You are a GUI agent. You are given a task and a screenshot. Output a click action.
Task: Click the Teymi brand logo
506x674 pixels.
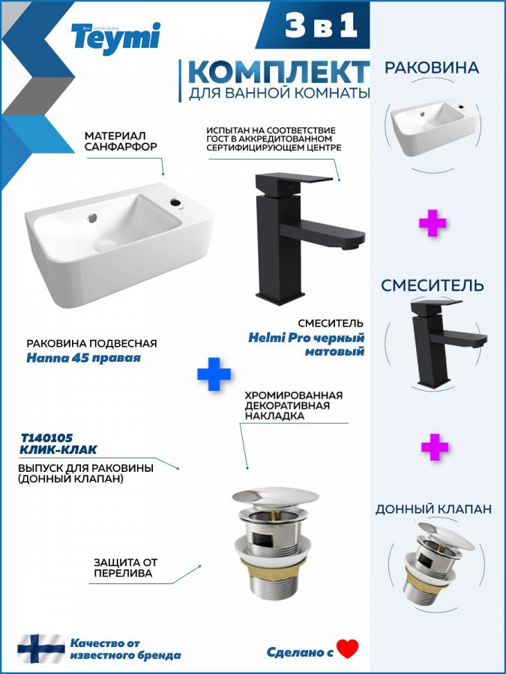(x=115, y=37)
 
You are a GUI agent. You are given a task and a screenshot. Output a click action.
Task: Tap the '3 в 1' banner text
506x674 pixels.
(x=321, y=25)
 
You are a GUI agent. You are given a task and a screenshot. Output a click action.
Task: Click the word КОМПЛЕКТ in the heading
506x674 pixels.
(x=278, y=72)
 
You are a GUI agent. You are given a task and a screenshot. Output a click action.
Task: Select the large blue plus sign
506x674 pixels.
(x=214, y=374)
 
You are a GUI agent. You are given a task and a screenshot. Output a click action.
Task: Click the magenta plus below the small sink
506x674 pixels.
(x=433, y=222)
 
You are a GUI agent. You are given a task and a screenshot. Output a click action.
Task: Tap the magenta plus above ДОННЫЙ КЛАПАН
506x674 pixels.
(x=435, y=447)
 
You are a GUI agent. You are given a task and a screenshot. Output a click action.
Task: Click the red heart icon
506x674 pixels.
(x=348, y=649)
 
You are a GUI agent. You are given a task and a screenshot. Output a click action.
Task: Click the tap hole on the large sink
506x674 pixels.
(x=176, y=201)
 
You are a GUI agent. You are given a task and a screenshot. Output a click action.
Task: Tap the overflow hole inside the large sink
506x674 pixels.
(x=92, y=218)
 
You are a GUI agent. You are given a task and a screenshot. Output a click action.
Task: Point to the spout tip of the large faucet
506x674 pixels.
(x=353, y=245)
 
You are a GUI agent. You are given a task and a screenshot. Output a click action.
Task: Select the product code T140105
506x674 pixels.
(x=47, y=438)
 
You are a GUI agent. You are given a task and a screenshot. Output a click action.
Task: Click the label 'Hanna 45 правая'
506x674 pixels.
(x=83, y=358)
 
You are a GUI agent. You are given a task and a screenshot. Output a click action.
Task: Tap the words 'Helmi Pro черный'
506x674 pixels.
(x=307, y=338)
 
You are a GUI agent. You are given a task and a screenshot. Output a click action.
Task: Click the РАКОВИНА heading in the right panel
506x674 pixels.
(x=432, y=67)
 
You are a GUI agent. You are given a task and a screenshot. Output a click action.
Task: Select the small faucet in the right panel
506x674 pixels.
(x=448, y=342)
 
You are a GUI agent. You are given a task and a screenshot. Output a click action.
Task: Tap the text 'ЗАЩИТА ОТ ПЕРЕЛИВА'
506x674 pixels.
(x=126, y=568)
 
